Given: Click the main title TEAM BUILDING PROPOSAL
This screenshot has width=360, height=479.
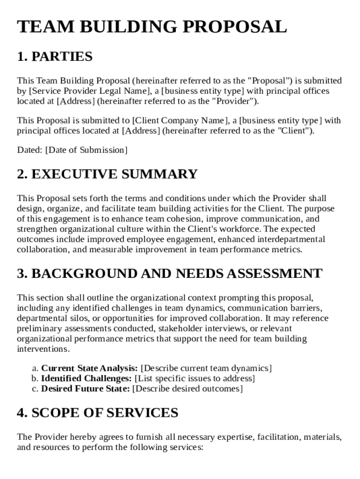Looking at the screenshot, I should [152, 27].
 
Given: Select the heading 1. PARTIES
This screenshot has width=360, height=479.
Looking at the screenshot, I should [55, 57].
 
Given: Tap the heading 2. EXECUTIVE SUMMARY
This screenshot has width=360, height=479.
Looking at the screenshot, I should [107, 174].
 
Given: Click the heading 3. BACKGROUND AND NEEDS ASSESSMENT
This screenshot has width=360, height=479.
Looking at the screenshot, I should [169, 274].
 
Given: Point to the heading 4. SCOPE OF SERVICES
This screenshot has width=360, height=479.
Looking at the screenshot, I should [97, 413].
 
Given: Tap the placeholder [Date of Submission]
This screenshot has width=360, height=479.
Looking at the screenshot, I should [86, 150].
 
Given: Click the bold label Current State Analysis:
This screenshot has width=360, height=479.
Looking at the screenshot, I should [89, 368].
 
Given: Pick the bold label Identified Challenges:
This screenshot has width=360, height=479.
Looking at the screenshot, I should [86, 378].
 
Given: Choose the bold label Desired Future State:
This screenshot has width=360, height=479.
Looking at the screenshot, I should [86, 389].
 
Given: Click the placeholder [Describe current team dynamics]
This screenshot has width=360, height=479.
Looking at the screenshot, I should [206, 368].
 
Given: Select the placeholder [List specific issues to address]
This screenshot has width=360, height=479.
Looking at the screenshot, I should [194, 378].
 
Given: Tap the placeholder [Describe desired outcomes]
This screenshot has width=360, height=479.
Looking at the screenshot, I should [187, 389].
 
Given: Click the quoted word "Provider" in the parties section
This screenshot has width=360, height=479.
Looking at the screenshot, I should [233, 101].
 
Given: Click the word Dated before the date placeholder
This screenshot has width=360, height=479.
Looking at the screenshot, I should [29, 150].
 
